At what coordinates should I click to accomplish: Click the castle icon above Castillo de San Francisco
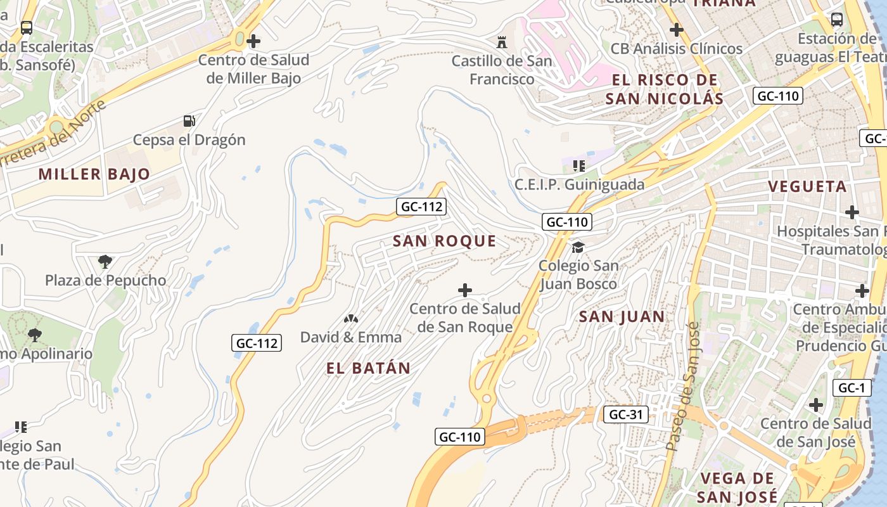click(502, 42)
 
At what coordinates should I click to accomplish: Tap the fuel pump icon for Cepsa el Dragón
click(189, 120)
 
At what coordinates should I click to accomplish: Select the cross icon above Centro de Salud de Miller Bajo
click(253, 42)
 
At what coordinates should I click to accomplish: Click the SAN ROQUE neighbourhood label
click(445, 241)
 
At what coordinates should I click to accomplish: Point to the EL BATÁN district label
click(368, 368)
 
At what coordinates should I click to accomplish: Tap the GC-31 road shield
click(625, 414)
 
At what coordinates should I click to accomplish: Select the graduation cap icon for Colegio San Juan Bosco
click(578, 247)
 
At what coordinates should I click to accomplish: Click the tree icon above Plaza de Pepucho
click(105, 261)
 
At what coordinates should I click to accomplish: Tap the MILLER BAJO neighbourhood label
click(94, 174)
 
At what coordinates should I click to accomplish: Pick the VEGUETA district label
click(807, 186)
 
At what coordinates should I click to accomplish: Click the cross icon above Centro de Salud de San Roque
click(465, 290)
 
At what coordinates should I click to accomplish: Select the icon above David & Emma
click(350, 319)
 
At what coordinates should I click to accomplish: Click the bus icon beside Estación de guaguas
click(836, 19)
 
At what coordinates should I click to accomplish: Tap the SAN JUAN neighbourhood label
click(622, 317)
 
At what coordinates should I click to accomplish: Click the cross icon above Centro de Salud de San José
click(816, 404)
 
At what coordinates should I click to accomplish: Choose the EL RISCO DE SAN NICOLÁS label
click(664, 89)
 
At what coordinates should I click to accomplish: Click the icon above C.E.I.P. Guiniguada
click(578, 166)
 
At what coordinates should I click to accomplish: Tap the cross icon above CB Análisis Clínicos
click(677, 29)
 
